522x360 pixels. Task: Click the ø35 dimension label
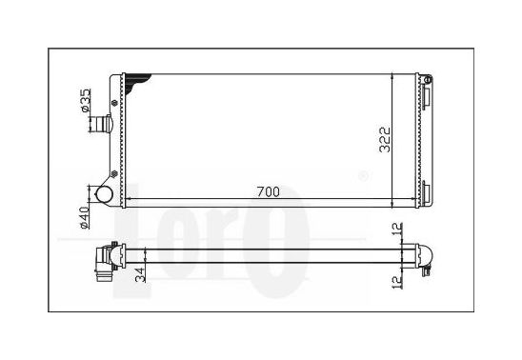coord(86,100)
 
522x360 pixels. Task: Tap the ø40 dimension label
coord(84,218)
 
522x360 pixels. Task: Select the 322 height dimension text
coord(385,140)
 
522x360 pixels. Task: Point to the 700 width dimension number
coord(269,192)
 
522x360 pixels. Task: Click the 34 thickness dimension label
coord(141,275)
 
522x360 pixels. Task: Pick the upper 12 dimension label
coord(397,230)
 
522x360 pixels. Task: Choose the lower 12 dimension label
coord(397,283)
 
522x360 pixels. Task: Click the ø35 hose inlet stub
coord(102,124)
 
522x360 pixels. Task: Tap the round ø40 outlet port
coord(104,194)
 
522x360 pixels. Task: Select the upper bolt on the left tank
coord(115,103)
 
